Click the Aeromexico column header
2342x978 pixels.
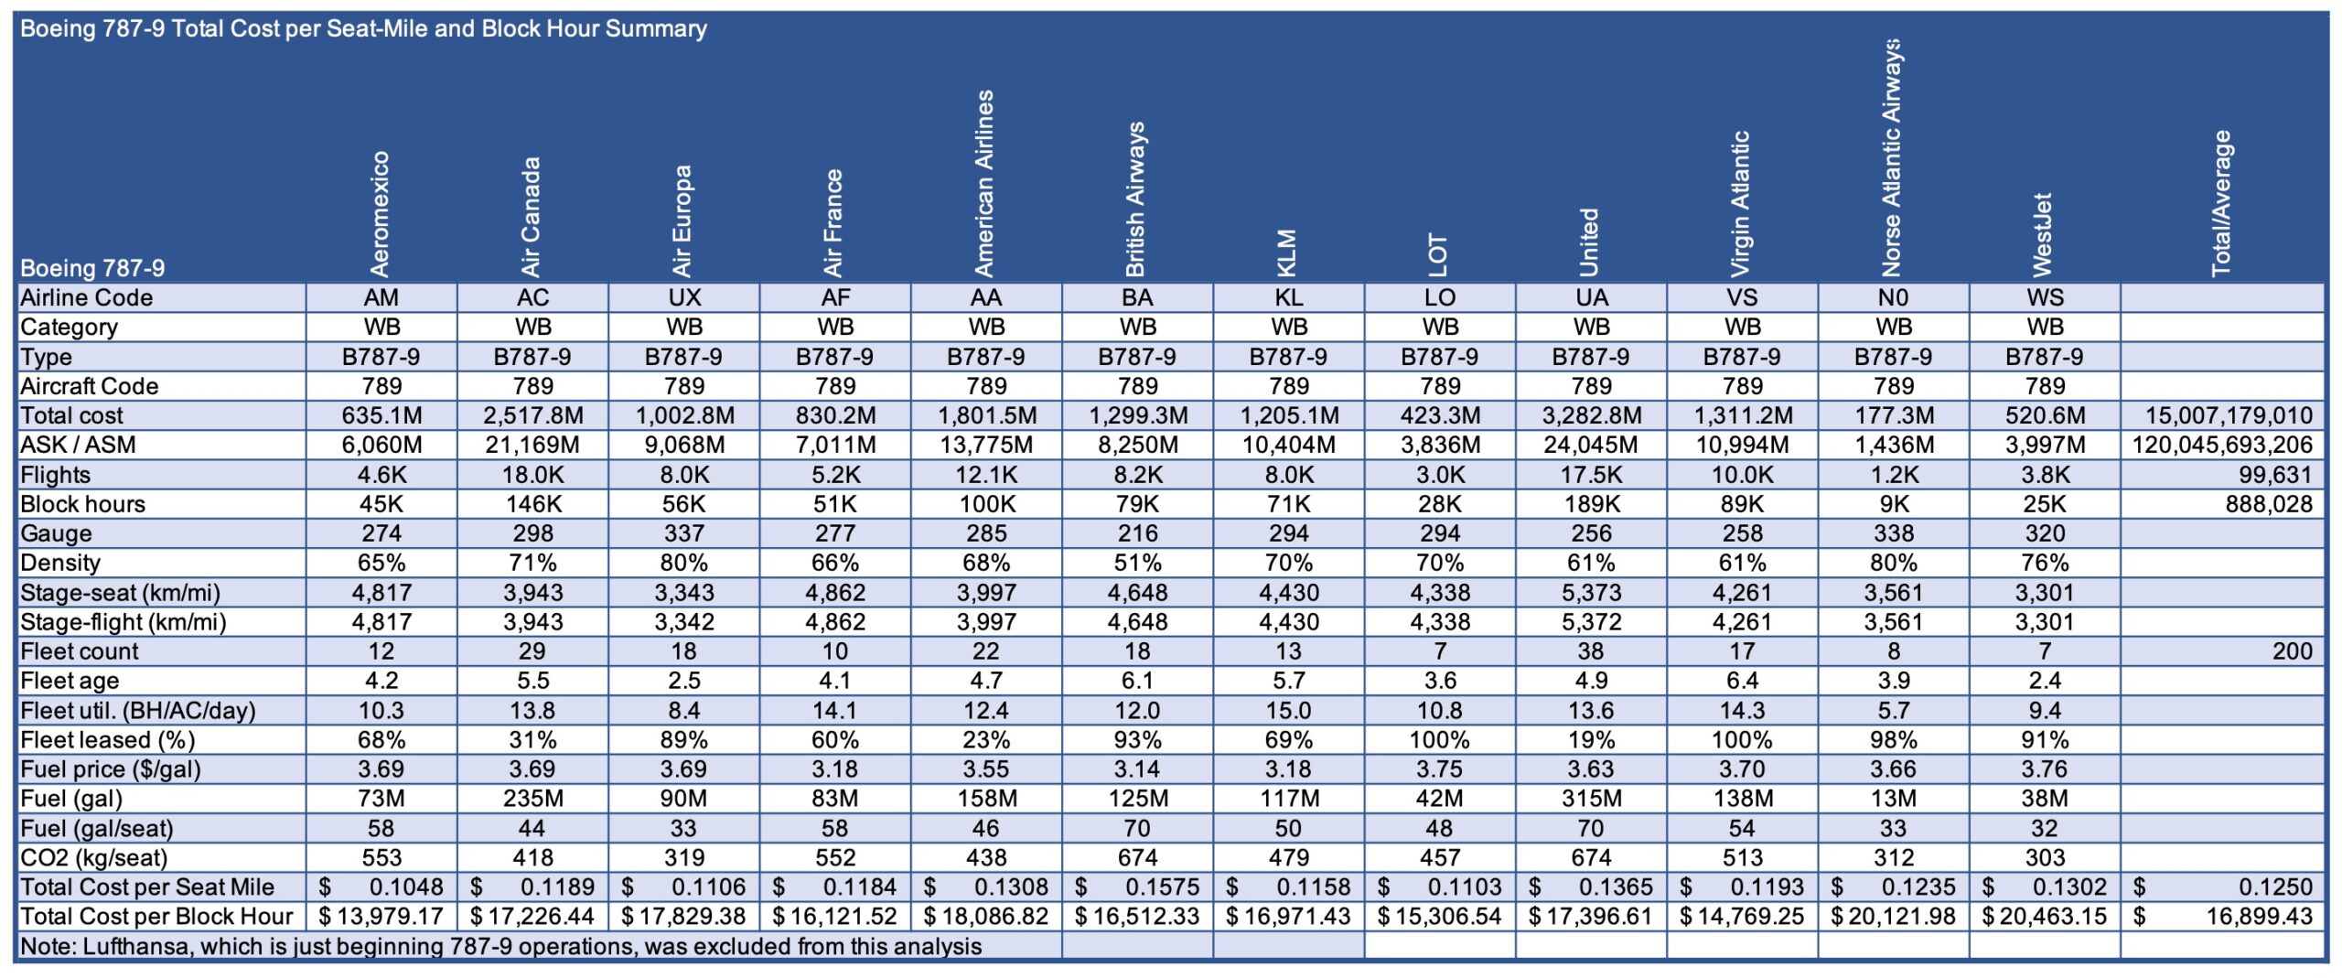tap(380, 213)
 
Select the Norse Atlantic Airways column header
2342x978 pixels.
tap(1892, 157)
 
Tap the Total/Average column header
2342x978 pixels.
tap(2221, 203)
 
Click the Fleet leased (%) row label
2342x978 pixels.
tap(108, 739)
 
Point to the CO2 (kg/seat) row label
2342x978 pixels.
tap(94, 857)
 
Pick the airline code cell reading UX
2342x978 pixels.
tap(684, 297)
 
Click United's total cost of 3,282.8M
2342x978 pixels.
tap(1592, 415)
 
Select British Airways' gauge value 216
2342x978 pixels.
tap(1137, 533)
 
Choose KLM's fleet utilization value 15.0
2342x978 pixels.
tap(1288, 710)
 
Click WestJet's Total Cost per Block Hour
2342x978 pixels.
tap(2045, 916)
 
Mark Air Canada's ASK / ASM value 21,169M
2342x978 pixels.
tap(533, 445)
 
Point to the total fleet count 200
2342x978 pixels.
tap(2292, 650)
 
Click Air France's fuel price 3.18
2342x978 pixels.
tap(835, 768)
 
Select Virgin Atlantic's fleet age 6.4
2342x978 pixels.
tap(1743, 680)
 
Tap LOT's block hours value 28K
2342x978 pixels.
tap(1440, 504)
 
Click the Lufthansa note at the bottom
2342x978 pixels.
tap(501, 946)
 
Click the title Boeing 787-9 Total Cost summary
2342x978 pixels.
tap(363, 28)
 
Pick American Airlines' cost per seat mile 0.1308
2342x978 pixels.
tap(986, 887)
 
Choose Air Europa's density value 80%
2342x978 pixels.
tap(684, 563)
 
